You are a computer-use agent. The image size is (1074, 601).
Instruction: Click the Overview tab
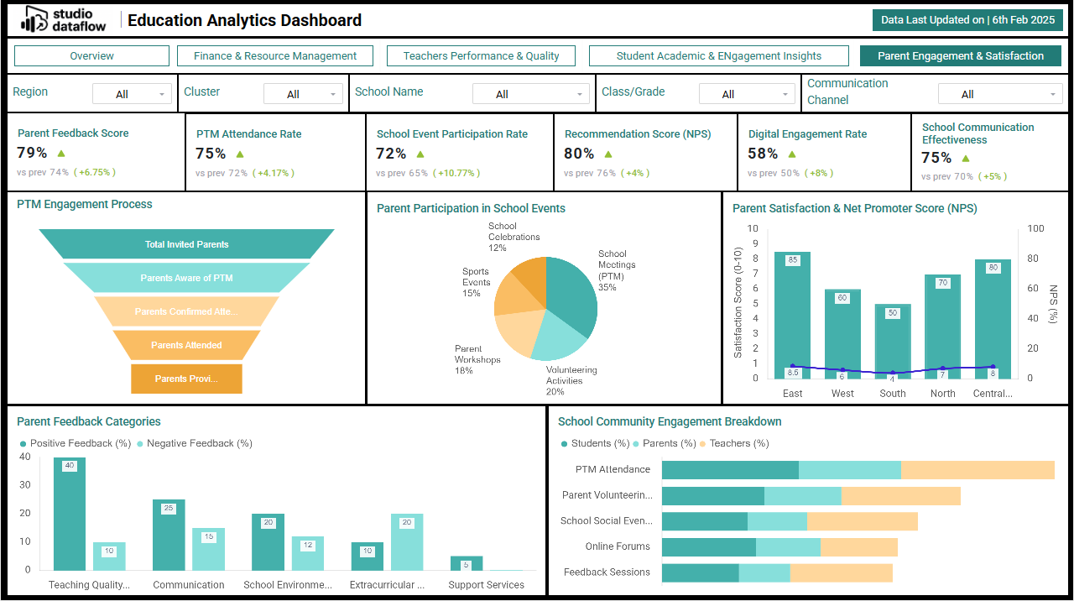click(x=92, y=56)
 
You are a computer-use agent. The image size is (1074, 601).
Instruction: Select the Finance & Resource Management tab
click(x=275, y=56)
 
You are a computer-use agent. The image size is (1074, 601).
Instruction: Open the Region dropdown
click(x=132, y=94)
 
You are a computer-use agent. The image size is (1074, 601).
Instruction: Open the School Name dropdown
click(x=529, y=94)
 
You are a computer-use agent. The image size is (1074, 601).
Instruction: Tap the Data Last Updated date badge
click(x=967, y=20)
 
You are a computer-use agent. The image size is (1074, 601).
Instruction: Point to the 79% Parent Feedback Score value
click(x=32, y=153)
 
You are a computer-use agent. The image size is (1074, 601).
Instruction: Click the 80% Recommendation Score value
click(x=579, y=154)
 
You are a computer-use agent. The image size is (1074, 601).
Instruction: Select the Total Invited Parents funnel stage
click(x=186, y=244)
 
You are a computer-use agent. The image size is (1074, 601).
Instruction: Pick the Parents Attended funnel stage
click(x=186, y=345)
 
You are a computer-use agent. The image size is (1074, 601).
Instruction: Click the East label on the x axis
click(x=792, y=394)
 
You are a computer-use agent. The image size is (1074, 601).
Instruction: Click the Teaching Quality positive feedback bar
click(x=70, y=514)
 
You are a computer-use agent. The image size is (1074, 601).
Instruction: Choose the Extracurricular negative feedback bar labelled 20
click(x=407, y=542)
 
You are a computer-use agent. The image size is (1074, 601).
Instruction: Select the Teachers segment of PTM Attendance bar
click(x=978, y=470)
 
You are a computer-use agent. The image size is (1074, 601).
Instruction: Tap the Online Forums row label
click(x=618, y=546)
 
